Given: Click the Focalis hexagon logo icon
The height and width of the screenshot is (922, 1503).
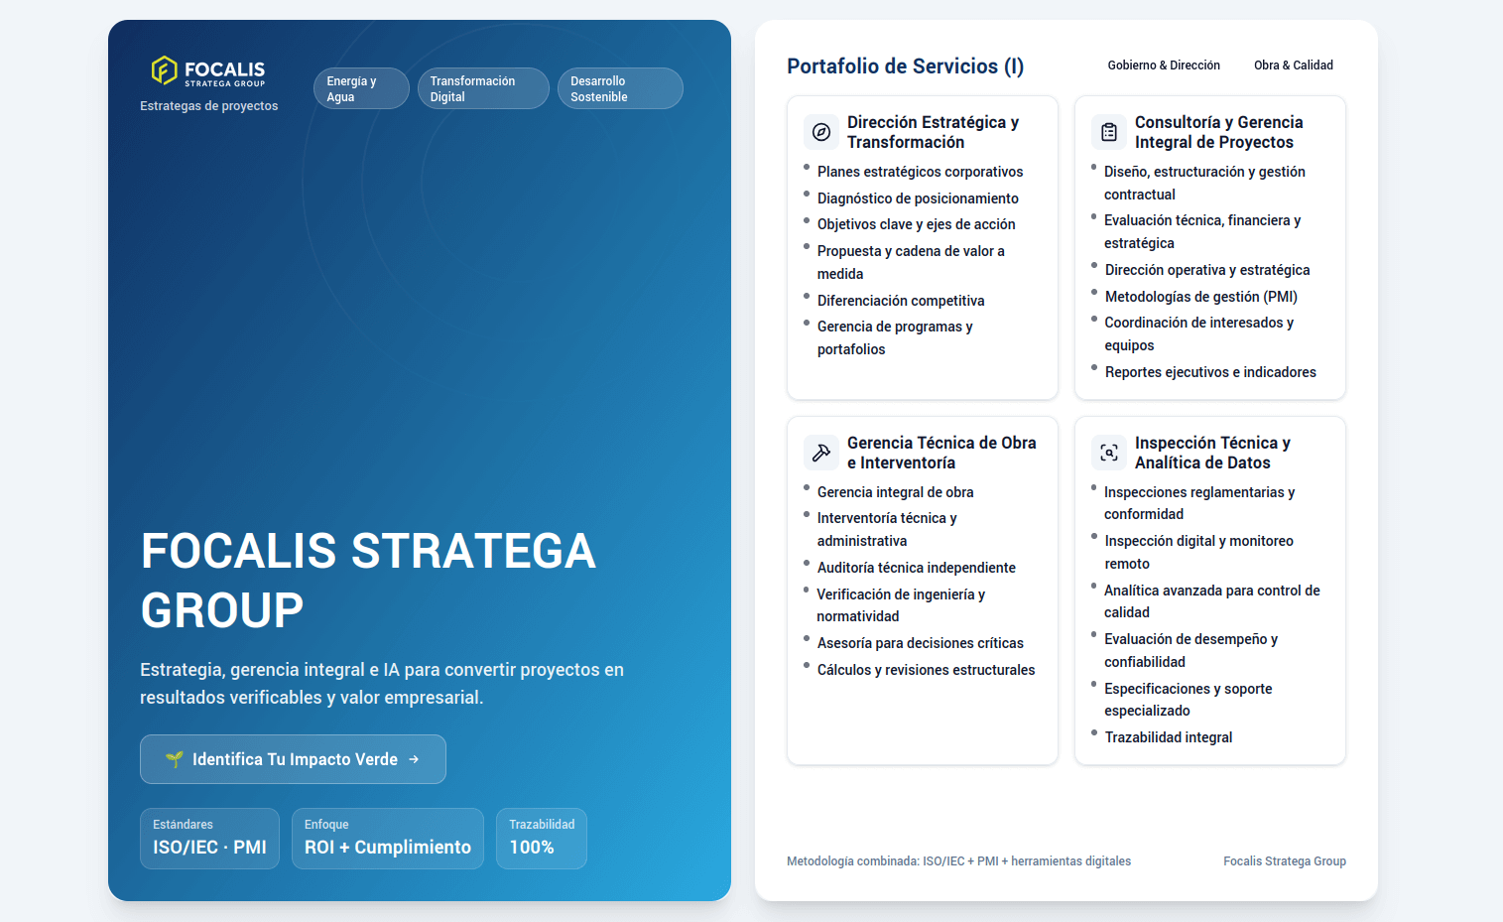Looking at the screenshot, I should (x=164, y=70).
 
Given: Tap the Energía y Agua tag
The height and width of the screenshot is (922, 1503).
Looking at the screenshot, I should (x=361, y=88).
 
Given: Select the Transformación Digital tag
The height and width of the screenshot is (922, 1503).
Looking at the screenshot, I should (x=483, y=88).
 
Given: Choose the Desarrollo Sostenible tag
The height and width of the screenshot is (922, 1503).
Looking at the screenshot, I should (x=619, y=88).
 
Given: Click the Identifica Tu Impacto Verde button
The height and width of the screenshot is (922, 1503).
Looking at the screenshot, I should (x=293, y=759).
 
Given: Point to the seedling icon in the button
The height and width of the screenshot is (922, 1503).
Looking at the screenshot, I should (x=175, y=759).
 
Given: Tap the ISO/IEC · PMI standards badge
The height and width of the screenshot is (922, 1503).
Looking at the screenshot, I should (x=209, y=839).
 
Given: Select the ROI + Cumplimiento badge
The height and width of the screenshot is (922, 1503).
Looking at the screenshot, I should (x=387, y=839).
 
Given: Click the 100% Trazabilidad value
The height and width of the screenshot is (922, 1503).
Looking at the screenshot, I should (x=532, y=848).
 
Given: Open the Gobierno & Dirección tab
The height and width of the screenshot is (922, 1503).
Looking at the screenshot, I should (x=1164, y=66).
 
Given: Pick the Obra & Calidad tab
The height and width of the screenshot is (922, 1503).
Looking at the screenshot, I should (x=1293, y=66).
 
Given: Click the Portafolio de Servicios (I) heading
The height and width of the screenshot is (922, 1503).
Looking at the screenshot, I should (x=905, y=66).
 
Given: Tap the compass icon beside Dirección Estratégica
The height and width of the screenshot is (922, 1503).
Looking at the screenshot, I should (x=821, y=132).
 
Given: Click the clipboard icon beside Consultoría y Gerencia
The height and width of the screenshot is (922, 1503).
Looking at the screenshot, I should (x=1109, y=132).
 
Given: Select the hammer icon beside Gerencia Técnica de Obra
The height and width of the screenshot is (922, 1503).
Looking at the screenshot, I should (x=821, y=453).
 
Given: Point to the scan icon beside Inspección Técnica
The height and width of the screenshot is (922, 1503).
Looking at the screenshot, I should (x=1109, y=453).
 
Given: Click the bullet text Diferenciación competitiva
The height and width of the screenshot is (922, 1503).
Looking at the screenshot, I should (x=901, y=301).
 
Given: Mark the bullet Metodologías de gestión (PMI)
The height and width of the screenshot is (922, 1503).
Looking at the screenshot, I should (x=1200, y=297).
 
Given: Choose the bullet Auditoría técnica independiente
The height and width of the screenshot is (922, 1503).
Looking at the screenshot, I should (x=916, y=568).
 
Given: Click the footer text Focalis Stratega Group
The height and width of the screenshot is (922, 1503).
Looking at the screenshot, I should (x=1284, y=861).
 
